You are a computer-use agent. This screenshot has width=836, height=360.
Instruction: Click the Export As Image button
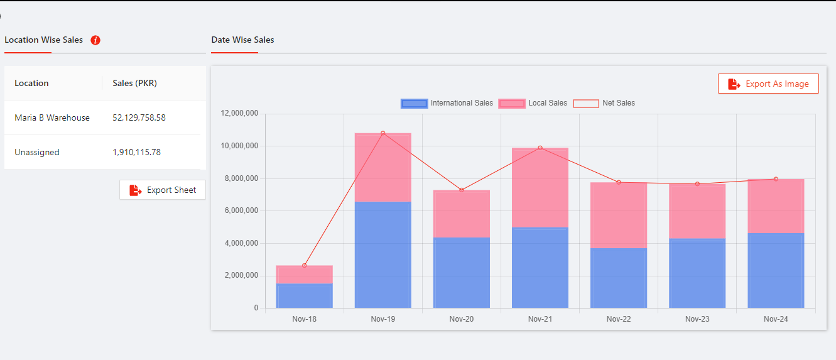tap(768, 84)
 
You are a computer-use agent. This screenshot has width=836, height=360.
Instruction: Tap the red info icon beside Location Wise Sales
tap(95, 40)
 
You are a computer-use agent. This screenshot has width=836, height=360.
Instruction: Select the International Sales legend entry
tap(447, 103)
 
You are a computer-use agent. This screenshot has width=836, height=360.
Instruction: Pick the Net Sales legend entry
tap(604, 103)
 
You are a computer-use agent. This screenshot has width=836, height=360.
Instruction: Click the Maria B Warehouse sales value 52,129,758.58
tap(139, 117)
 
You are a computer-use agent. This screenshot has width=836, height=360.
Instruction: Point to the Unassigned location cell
tap(37, 152)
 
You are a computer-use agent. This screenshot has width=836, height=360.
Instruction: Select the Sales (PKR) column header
tap(134, 83)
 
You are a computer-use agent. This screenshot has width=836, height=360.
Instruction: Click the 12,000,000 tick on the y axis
tap(239, 114)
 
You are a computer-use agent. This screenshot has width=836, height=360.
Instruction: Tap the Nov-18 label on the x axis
tap(305, 319)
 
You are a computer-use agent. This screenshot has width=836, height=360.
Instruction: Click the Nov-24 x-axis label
tap(776, 319)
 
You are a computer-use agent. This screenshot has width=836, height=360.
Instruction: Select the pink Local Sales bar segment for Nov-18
tap(305, 275)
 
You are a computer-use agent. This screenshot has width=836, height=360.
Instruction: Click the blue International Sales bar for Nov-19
tap(383, 254)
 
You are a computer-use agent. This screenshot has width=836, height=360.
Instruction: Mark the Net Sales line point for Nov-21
tap(540, 148)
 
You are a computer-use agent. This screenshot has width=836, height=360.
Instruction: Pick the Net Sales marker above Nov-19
tap(383, 133)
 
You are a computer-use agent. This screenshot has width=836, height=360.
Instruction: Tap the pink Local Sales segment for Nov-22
tap(619, 215)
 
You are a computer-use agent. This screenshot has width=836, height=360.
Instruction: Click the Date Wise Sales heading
tap(242, 40)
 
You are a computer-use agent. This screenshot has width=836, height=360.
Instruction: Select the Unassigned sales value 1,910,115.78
tap(136, 152)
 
